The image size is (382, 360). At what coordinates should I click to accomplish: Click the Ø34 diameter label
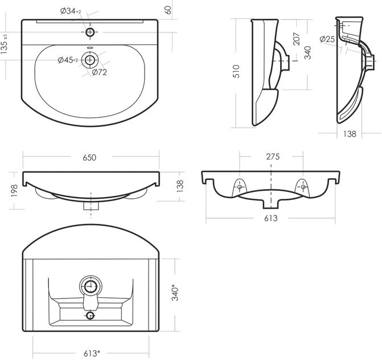(x=71, y=11)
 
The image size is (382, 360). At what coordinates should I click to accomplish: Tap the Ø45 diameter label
(x=68, y=60)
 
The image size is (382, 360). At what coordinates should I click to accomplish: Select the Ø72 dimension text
(x=100, y=72)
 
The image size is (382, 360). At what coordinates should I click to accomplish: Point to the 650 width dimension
(x=89, y=157)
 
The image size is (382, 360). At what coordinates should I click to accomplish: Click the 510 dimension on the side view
(x=236, y=71)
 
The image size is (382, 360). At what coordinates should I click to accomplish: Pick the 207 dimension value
(x=297, y=39)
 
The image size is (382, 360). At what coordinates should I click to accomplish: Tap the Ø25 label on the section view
(x=327, y=39)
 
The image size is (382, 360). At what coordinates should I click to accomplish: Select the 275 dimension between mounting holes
(x=273, y=157)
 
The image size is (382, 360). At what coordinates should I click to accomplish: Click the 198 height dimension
(x=14, y=191)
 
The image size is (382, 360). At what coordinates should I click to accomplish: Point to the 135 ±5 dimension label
(x=4, y=44)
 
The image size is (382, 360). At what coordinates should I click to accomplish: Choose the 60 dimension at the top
(x=168, y=10)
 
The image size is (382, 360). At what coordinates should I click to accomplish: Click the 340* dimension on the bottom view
(x=175, y=292)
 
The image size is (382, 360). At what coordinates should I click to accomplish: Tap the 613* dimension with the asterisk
(x=92, y=353)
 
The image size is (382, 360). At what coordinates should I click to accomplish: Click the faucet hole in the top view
(x=90, y=32)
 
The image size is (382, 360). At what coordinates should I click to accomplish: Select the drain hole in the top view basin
(x=90, y=60)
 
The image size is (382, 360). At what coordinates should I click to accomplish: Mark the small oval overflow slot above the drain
(x=90, y=47)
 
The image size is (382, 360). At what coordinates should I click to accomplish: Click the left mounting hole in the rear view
(x=240, y=187)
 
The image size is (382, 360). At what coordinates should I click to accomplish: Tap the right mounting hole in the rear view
(x=303, y=187)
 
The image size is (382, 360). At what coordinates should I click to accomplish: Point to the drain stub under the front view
(x=91, y=206)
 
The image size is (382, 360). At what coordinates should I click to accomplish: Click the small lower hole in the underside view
(x=91, y=316)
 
